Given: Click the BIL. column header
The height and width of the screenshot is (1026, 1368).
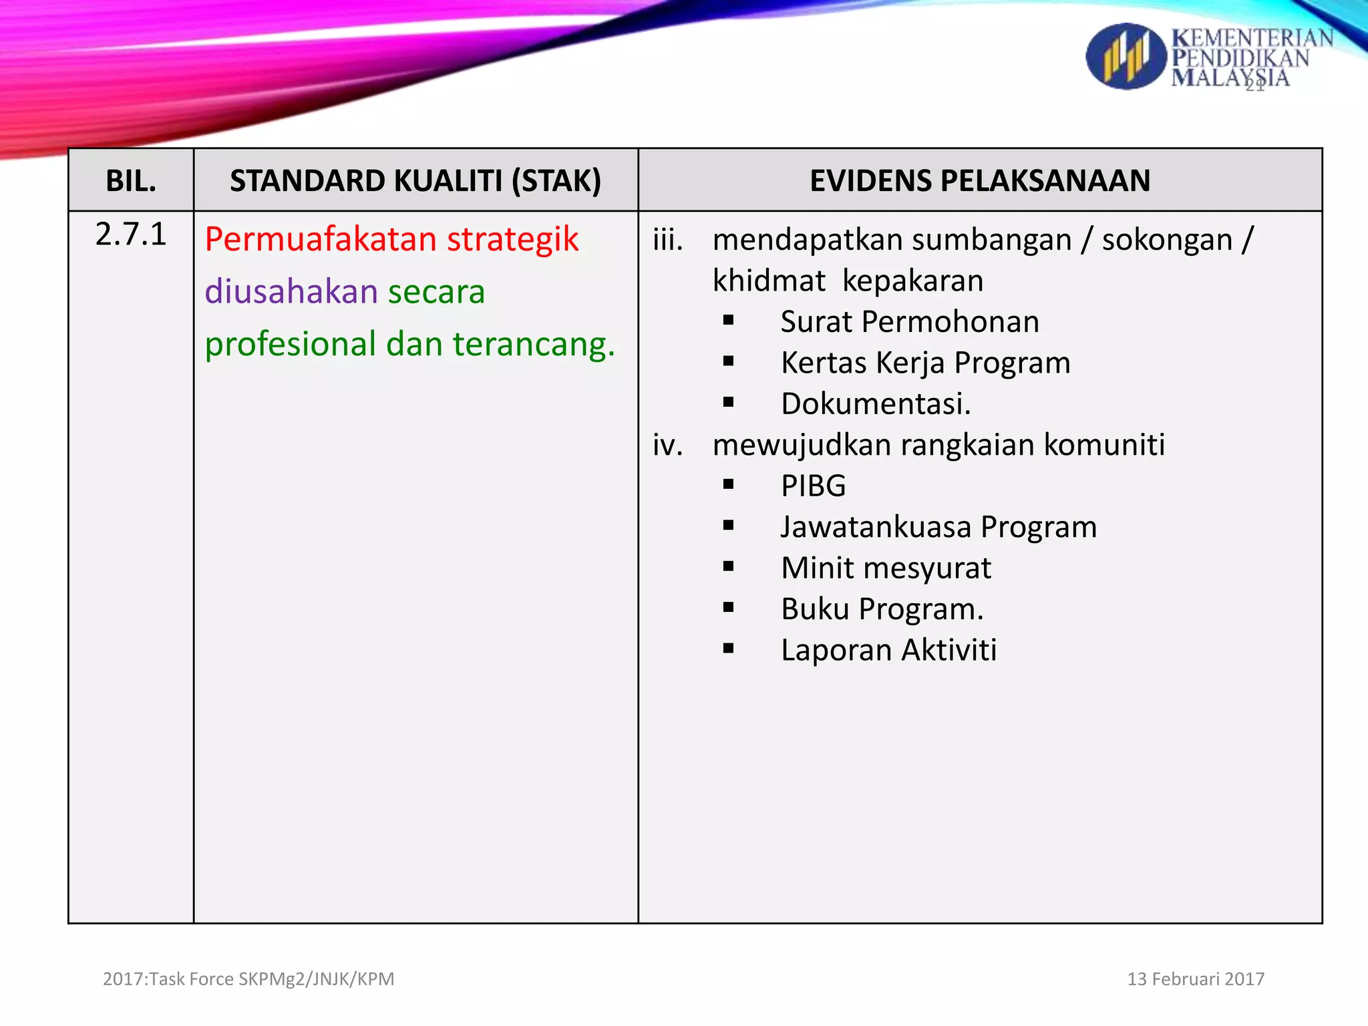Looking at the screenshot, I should tap(131, 181).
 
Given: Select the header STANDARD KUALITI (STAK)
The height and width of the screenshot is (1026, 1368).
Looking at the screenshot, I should tap(415, 181).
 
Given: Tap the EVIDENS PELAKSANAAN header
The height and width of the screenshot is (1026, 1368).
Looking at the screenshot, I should tap(980, 181).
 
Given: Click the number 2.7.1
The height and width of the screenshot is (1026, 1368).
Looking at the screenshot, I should tap(131, 234).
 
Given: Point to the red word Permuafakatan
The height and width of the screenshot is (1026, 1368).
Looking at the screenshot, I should tap(320, 239).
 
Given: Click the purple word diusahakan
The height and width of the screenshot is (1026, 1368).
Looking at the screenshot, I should tap(291, 292).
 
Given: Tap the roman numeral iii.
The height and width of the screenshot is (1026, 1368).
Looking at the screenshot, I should tap(668, 240).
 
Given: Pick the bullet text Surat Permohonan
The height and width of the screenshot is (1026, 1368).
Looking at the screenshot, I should tap(910, 322).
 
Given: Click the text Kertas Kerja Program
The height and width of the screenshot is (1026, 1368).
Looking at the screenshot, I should tap(925, 363).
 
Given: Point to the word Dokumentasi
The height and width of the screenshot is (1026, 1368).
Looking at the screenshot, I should tap(875, 404).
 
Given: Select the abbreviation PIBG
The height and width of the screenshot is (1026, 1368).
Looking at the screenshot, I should tap(813, 486).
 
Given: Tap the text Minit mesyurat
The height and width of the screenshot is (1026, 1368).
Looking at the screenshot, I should tap(886, 568).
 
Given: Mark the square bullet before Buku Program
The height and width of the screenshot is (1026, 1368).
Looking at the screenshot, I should tap(728, 607).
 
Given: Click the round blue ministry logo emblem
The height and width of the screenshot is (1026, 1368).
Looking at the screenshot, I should tap(1126, 57).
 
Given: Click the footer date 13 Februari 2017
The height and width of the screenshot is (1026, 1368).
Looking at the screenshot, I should tap(1196, 979).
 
